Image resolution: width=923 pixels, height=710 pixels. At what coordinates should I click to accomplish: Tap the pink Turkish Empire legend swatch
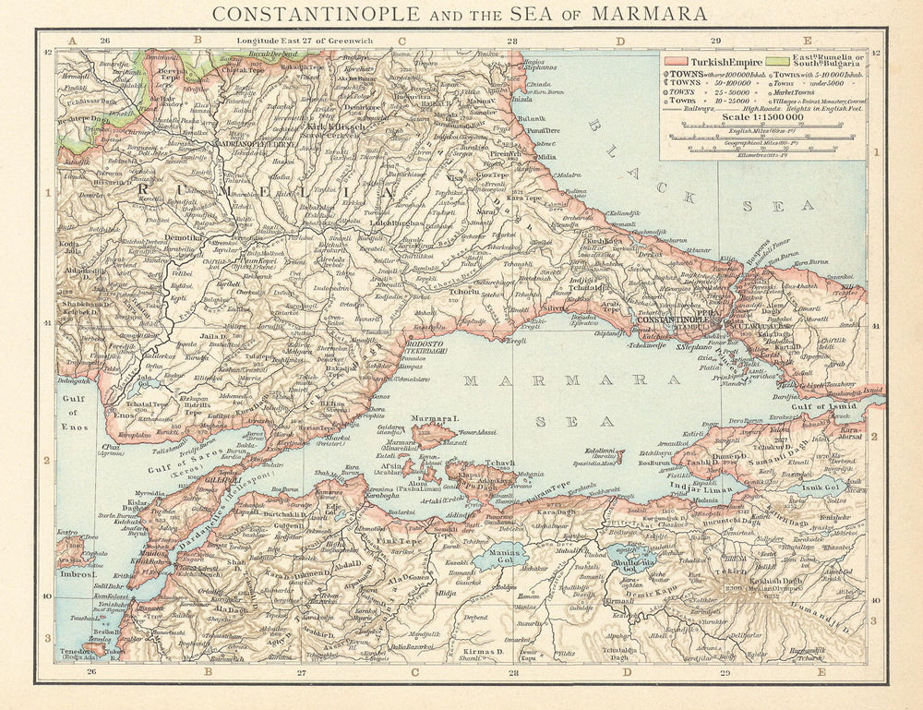[676, 60]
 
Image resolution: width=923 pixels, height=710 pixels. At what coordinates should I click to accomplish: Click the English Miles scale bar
[762, 135]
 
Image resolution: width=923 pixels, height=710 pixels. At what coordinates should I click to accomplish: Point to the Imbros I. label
[78, 573]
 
